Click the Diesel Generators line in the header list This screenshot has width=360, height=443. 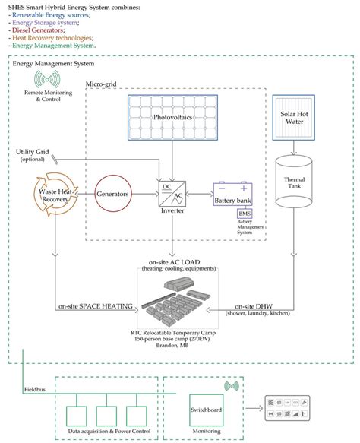42,29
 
